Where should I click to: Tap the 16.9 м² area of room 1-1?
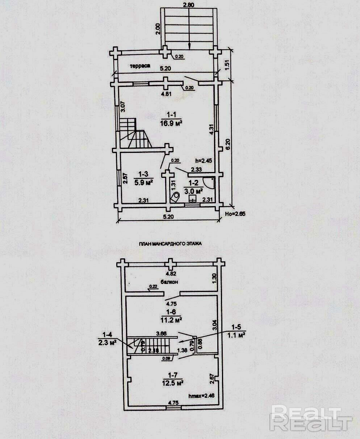click(171, 123)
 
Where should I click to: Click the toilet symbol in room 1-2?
click(176, 197)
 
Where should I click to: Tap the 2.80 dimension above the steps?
click(189, 5)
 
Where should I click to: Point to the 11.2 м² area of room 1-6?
click(171, 320)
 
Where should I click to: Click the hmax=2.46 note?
click(202, 396)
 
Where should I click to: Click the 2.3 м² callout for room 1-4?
click(107, 342)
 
